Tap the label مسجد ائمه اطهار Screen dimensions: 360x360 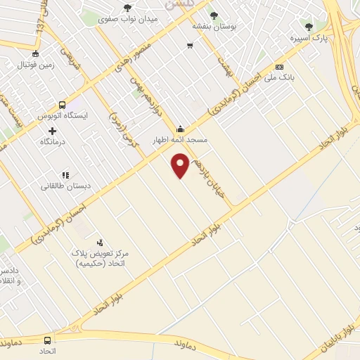tap(181, 140)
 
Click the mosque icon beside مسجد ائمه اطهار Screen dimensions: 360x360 tap(181, 129)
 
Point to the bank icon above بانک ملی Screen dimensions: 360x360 tap(280, 67)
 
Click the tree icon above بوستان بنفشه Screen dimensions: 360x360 tap(214, 14)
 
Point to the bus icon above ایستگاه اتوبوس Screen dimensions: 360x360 tap(62, 105)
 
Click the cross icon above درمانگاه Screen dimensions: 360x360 tap(53, 131)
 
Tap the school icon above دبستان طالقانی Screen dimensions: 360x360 tap(65, 174)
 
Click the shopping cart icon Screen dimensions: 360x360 tap(190, 46)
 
